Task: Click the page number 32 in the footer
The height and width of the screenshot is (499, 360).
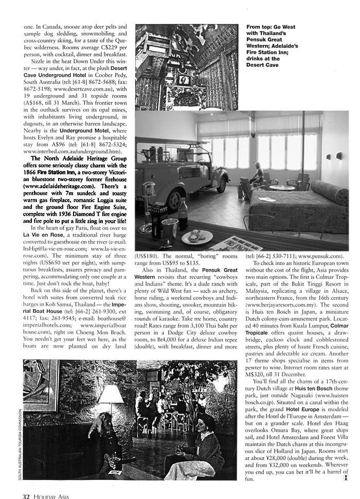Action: pyautogui.click(x=26, y=495)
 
